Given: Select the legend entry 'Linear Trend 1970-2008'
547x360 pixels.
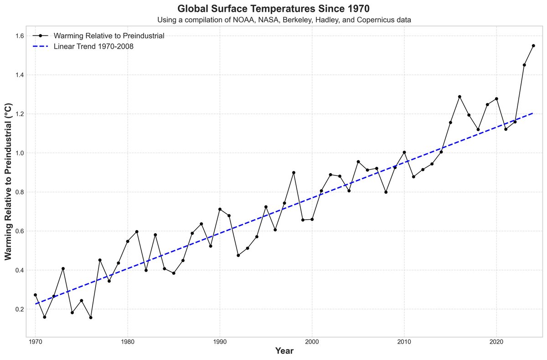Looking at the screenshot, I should [93, 46].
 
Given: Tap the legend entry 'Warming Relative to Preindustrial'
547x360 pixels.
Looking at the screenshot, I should [108, 36].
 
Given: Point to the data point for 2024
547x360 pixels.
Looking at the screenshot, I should [533, 46].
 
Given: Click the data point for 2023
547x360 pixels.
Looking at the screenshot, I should [524, 65].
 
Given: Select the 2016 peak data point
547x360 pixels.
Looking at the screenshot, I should [459, 97].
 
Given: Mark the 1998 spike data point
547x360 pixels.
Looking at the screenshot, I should [294, 173].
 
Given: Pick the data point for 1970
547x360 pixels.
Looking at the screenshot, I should [35, 295].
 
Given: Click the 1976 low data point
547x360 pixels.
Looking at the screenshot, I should [91, 318].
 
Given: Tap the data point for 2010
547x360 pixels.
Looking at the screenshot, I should [404, 152].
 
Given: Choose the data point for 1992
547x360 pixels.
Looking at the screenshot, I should [238, 255].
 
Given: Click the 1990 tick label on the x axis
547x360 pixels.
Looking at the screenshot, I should [220, 341].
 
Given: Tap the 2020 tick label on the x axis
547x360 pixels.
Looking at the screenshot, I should [496, 341].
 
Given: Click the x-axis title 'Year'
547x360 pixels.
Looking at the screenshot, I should [284, 351].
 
